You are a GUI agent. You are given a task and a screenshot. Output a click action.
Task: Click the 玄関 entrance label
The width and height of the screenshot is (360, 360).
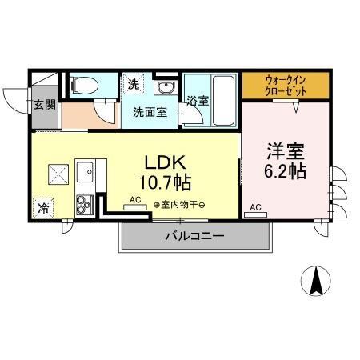[x=44, y=105]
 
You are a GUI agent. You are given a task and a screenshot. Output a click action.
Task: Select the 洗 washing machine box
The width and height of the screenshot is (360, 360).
[x=132, y=83]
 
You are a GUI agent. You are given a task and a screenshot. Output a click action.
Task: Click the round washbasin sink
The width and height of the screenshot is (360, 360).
[x=166, y=88]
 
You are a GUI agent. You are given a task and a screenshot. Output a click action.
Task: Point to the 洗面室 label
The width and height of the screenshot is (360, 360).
[x=150, y=112]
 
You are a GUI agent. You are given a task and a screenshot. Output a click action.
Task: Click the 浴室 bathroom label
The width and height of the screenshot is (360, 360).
[x=198, y=101]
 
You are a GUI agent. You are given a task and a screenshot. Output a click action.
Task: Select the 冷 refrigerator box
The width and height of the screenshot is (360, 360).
[x=43, y=207]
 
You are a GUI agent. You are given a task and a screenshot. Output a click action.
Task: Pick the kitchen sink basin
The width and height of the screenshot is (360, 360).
[x=86, y=170]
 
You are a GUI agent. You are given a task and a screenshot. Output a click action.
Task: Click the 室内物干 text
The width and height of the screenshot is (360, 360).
[x=180, y=206]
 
